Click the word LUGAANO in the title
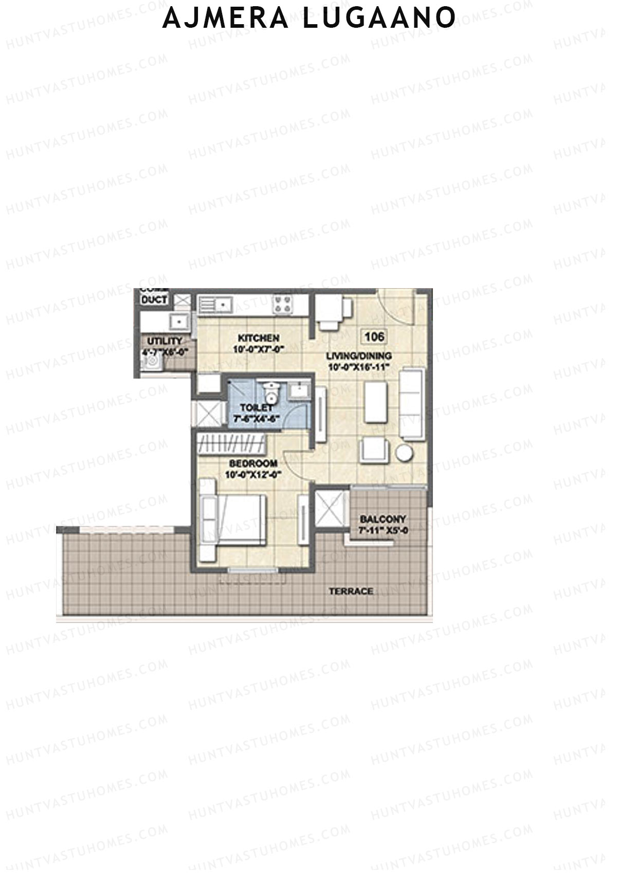(x=378, y=17)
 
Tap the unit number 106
(x=374, y=337)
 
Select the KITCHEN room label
(x=259, y=338)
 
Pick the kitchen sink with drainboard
(x=215, y=305)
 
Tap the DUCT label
(x=154, y=299)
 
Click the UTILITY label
(x=165, y=341)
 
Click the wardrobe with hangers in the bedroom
(x=231, y=443)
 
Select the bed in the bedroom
(x=234, y=520)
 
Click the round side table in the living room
(x=405, y=453)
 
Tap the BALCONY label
(x=383, y=520)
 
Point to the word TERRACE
(x=351, y=592)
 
